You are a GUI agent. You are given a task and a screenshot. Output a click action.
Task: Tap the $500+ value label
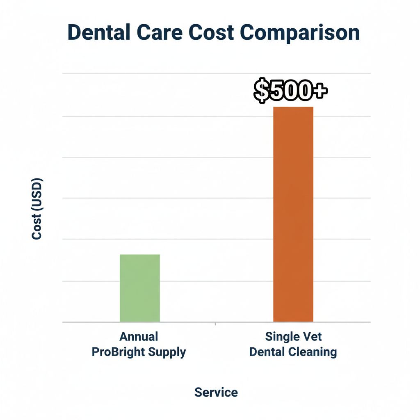click(290, 91)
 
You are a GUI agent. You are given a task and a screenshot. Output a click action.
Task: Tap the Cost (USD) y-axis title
click(37, 209)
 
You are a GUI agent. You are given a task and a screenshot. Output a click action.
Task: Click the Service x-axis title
click(216, 393)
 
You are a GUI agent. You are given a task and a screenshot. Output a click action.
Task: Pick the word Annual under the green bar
click(139, 337)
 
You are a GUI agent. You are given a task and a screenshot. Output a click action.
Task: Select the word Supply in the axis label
click(168, 352)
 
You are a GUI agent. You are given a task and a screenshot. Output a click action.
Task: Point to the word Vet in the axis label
click(313, 337)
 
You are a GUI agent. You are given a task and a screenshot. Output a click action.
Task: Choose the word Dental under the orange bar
click(268, 352)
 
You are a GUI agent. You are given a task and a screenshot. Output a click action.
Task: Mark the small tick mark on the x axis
click(216, 324)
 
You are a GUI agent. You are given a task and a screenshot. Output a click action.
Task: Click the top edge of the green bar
click(140, 255)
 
